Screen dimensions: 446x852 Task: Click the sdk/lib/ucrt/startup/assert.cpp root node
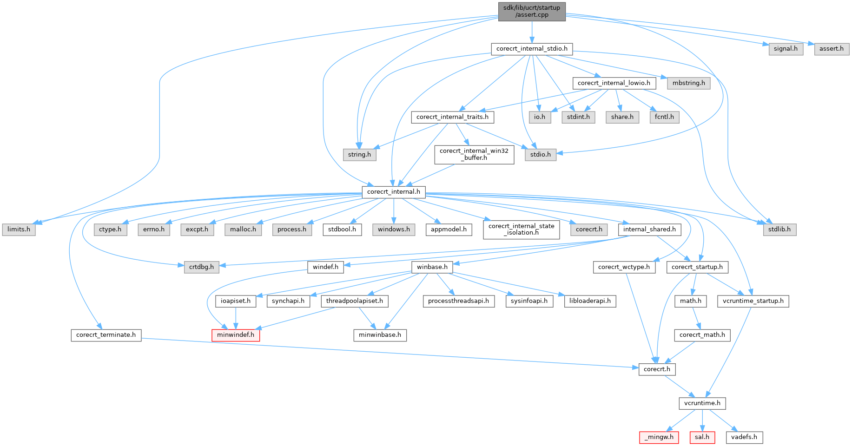tap(532, 11)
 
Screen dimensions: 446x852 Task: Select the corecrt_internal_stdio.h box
tap(532, 49)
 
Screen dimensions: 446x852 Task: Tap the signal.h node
tap(786, 49)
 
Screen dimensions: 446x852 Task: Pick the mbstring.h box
tap(688, 83)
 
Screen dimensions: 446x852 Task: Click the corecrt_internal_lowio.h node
tap(614, 83)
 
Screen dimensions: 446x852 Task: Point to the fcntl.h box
tap(664, 117)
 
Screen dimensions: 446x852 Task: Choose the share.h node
tap(622, 117)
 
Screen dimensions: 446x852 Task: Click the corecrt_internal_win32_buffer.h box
tap(474, 154)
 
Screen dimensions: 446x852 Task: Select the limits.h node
tap(19, 230)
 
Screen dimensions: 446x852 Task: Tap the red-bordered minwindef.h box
tap(236, 335)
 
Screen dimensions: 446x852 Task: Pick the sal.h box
tap(702, 437)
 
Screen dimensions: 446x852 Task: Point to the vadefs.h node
tap(744, 437)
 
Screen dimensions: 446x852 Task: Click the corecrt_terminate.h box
tap(106, 335)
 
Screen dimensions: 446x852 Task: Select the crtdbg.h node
tap(201, 267)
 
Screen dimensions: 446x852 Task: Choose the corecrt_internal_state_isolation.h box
tap(521, 230)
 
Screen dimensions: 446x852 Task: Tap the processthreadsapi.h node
tap(458, 301)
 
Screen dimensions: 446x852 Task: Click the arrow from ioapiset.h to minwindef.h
tap(236, 318)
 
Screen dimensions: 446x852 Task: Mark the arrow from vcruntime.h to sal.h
tap(702, 420)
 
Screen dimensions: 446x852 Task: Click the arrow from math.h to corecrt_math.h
tap(696, 318)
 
